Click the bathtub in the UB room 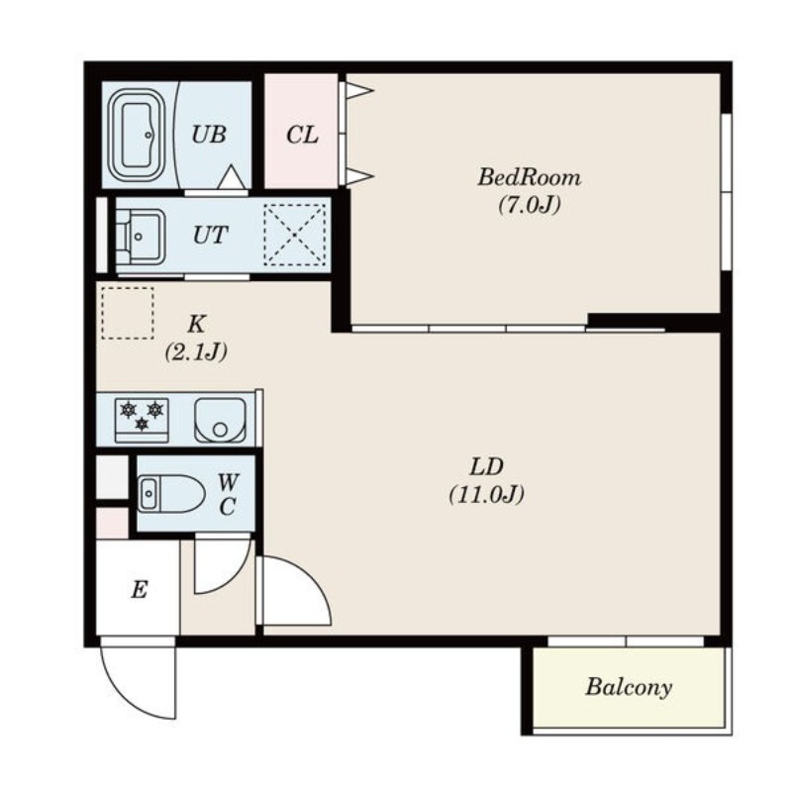[137, 136]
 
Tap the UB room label [208, 135]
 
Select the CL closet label [302, 135]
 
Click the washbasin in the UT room [141, 236]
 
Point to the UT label [210, 235]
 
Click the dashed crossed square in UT [295, 235]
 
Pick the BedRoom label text [530, 178]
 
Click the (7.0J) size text [530, 205]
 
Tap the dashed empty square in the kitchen [128, 313]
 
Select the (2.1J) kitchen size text [195, 351]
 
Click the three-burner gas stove [142, 420]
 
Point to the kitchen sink [220, 420]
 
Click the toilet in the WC [171, 493]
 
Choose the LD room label [486, 467]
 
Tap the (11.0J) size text [486, 494]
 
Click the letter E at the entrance [140, 589]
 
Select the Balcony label [629, 687]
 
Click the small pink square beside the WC [112, 524]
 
